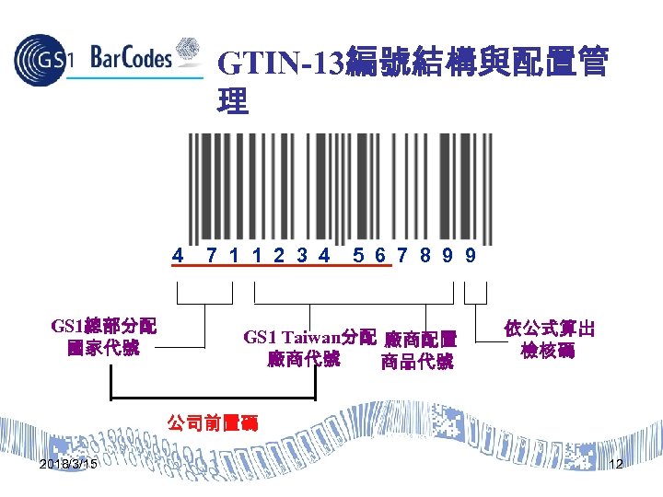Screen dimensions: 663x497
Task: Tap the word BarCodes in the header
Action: [x=132, y=58]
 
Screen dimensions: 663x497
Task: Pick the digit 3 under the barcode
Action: [x=301, y=255]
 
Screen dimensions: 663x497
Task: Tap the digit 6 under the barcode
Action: [x=379, y=255]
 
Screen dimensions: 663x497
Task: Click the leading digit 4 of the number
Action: [x=179, y=255]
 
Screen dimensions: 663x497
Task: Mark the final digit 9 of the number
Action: [x=471, y=255]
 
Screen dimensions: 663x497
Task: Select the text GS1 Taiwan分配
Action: [x=309, y=337]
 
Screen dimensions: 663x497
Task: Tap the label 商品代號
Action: [x=416, y=362]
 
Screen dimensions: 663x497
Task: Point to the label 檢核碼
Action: [x=548, y=351]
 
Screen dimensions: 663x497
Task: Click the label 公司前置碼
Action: [x=212, y=422]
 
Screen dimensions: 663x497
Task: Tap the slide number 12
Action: [x=616, y=464]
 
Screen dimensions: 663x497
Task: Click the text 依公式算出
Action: [x=549, y=329]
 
